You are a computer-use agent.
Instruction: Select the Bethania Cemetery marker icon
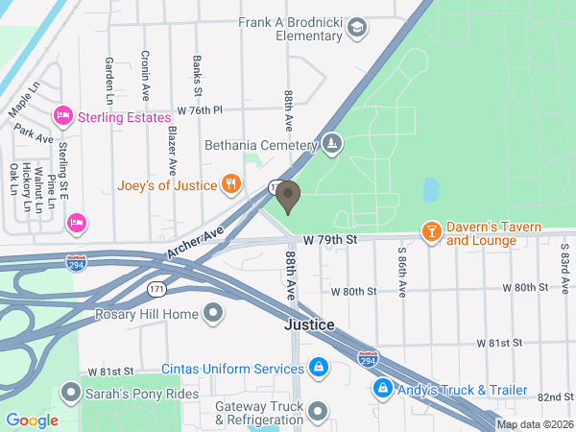click(x=331, y=145)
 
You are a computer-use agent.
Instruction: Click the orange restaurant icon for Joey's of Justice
click(x=230, y=183)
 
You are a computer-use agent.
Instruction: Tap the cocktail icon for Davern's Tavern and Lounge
click(x=432, y=231)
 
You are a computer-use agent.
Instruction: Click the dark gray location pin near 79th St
click(x=287, y=197)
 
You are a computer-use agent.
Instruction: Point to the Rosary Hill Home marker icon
click(x=213, y=314)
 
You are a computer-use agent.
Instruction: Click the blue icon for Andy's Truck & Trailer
click(x=382, y=389)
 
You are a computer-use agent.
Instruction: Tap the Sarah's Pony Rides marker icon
click(x=69, y=393)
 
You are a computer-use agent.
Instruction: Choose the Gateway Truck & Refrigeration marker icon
click(x=319, y=412)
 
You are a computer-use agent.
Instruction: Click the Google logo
click(x=32, y=420)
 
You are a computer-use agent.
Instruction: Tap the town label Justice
click(x=309, y=325)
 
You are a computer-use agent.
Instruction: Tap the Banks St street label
click(x=197, y=77)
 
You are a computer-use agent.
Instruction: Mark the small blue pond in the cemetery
click(x=430, y=189)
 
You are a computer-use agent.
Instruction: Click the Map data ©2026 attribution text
click(x=534, y=424)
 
